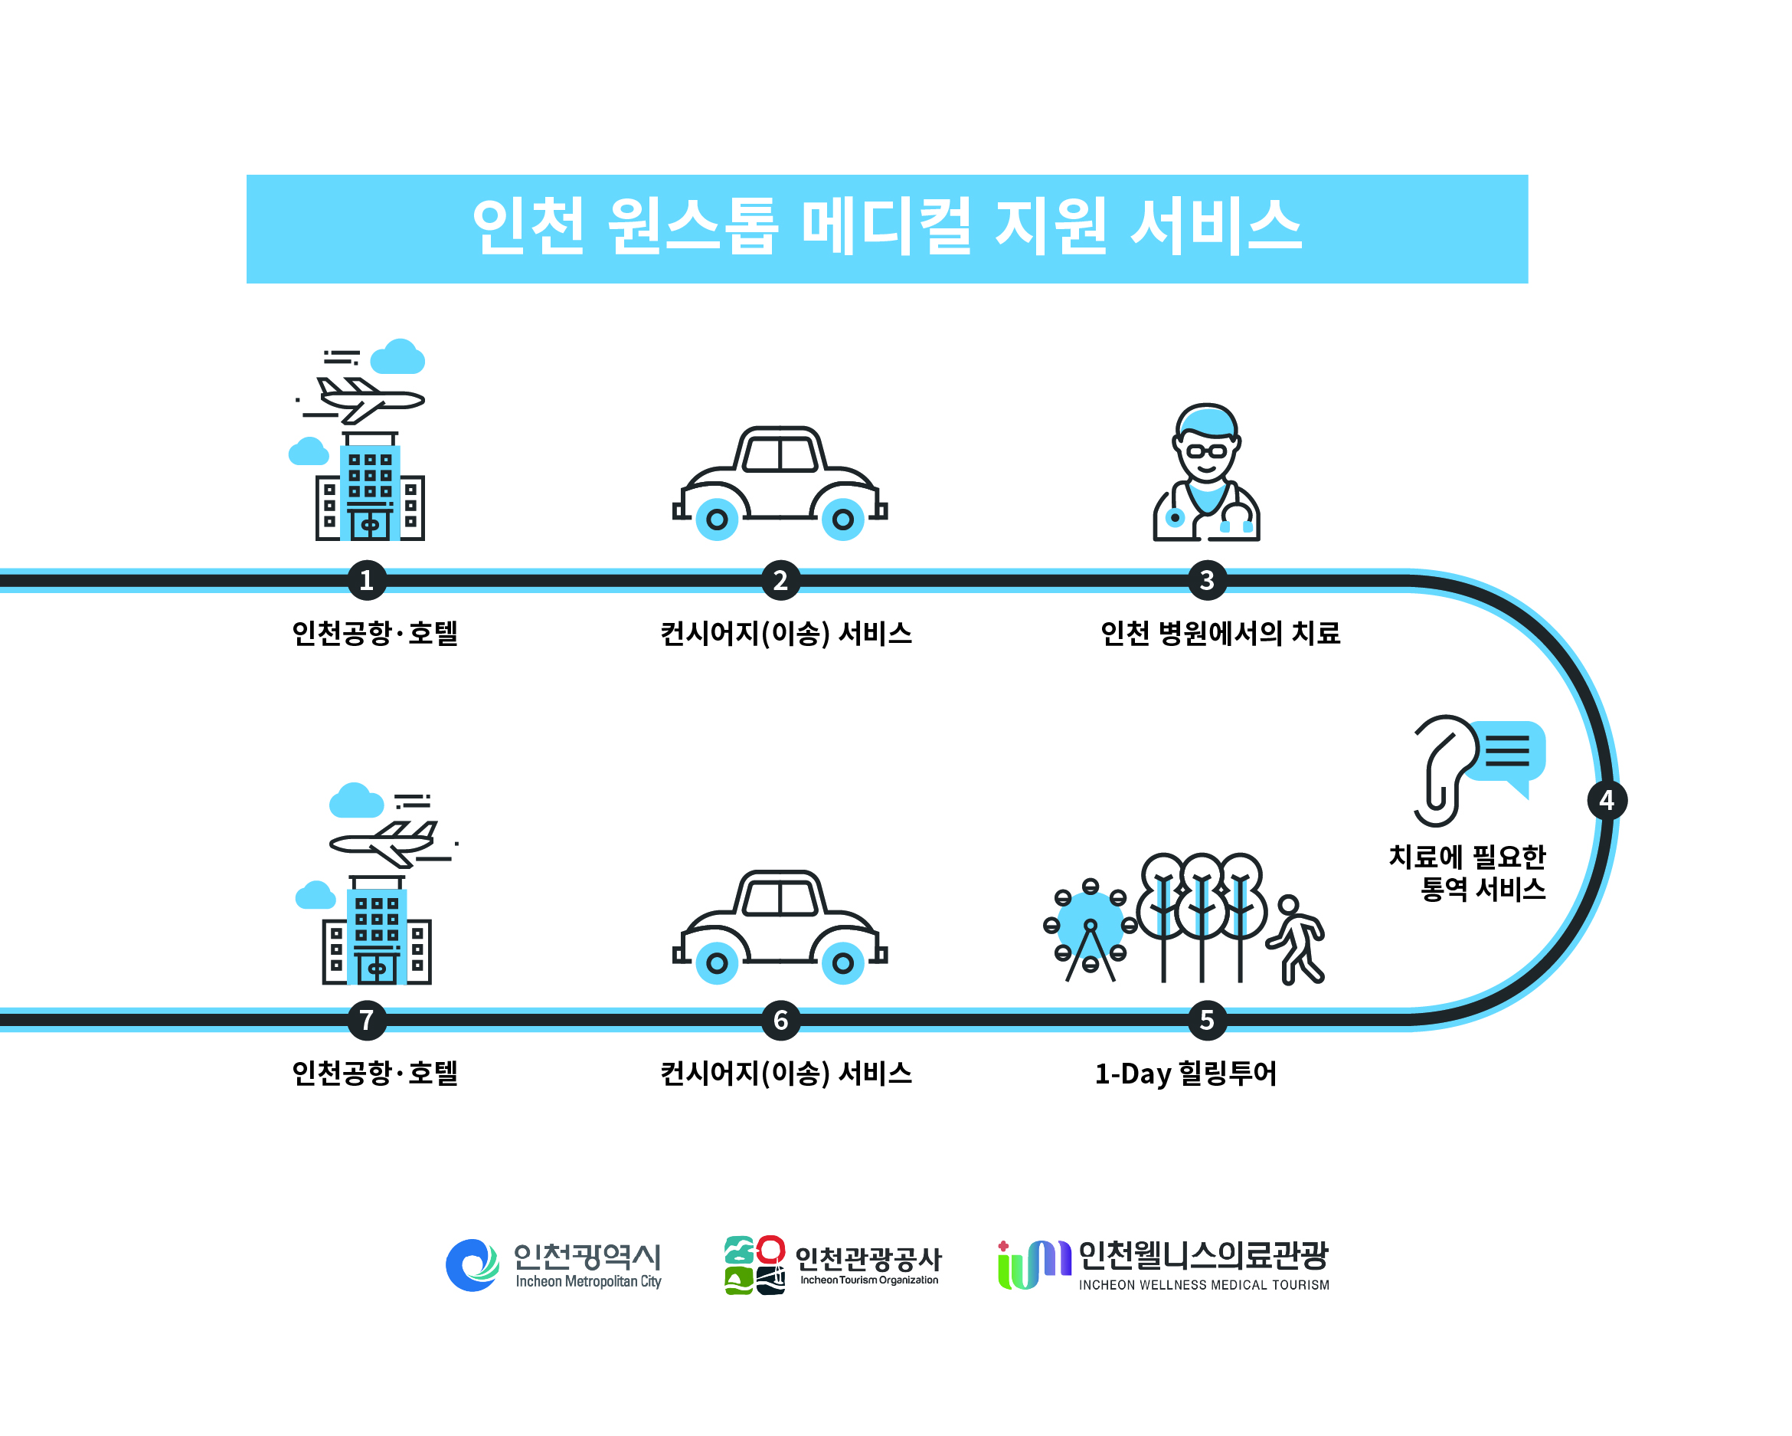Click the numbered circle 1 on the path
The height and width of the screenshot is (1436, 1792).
[367, 579]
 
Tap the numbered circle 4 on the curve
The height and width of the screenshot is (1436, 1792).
[1606, 800]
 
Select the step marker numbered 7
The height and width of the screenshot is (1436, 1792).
[367, 1019]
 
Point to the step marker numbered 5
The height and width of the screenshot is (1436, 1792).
[1207, 1019]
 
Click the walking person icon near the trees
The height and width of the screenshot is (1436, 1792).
[1297, 939]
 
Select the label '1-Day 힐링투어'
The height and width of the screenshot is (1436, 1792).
[1185, 1074]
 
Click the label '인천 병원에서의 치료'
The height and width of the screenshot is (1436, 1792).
[1219, 634]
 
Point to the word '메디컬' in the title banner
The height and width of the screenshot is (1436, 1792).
[886, 226]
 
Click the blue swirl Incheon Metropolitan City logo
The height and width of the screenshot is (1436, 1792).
[472, 1264]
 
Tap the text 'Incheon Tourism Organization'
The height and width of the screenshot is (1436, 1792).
[868, 1280]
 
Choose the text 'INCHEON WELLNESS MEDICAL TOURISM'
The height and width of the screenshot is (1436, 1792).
[1204, 1285]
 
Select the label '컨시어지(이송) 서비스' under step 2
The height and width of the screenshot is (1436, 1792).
[786, 634]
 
